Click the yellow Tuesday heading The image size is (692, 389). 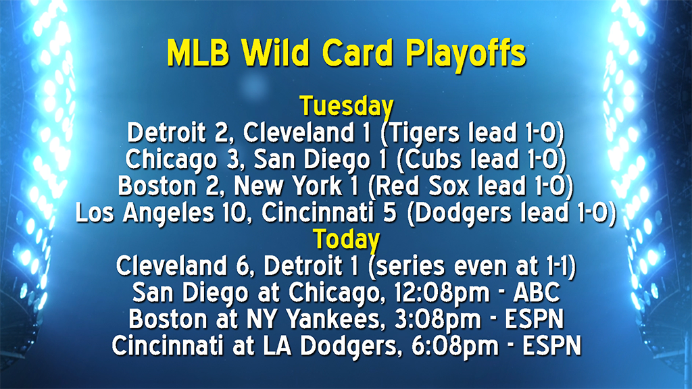[x=346, y=106]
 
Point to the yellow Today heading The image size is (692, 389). [x=346, y=239]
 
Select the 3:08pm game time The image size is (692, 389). [x=445, y=318]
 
